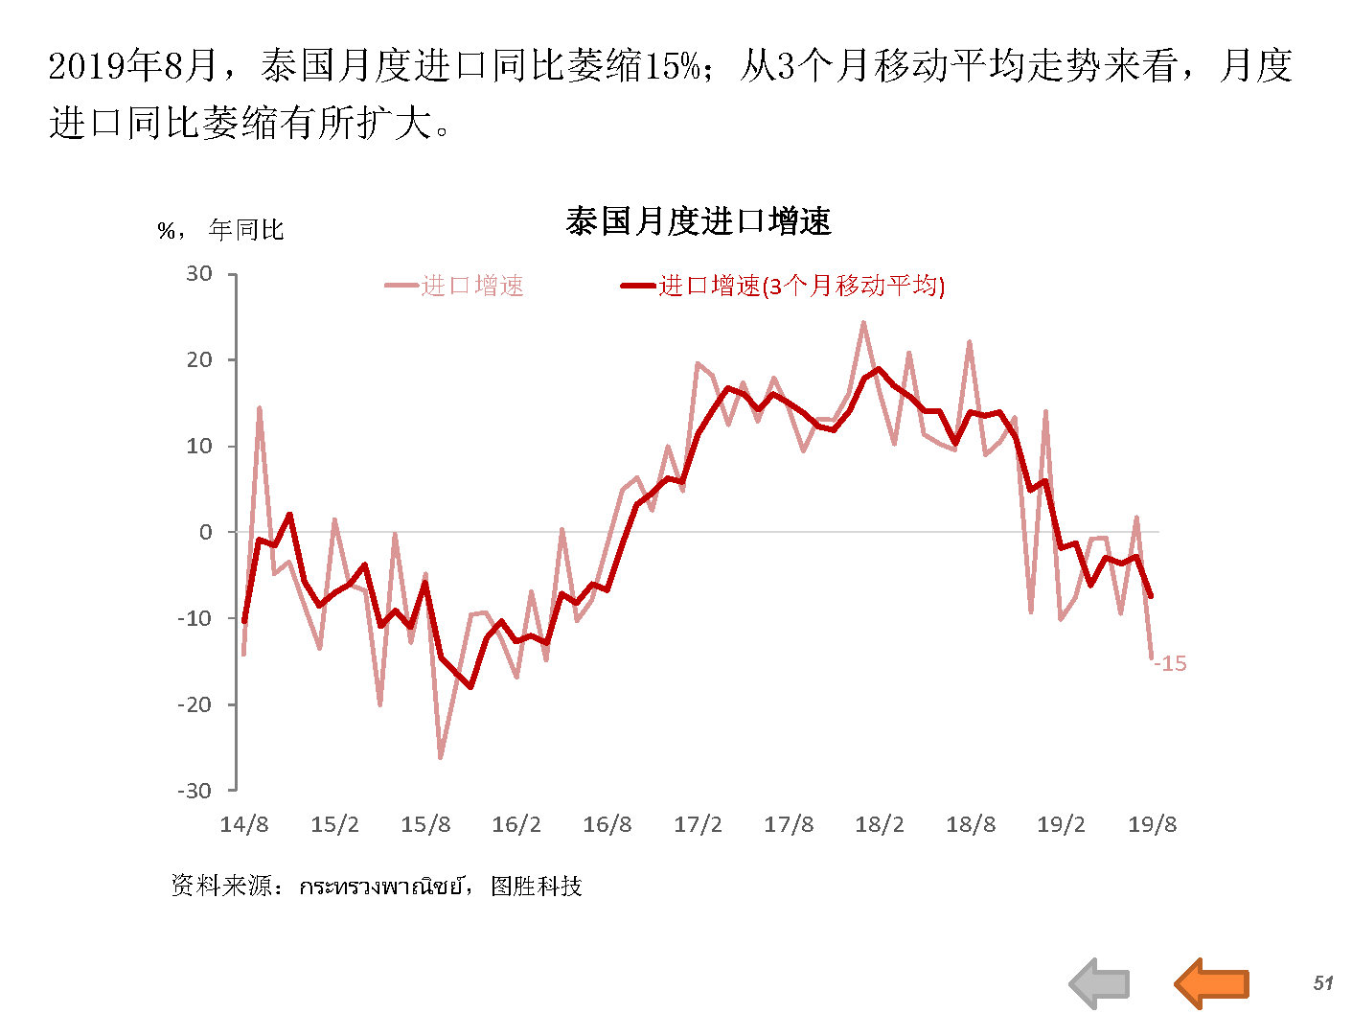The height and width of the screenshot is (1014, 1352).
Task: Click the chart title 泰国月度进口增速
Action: point(698,222)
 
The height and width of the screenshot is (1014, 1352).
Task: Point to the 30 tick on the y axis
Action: point(199,274)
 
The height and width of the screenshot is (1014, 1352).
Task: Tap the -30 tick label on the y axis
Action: point(195,791)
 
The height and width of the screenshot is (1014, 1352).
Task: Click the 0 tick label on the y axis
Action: point(205,533)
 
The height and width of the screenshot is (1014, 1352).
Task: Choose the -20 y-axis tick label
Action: point(195,704)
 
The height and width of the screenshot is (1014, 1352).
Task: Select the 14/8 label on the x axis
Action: point(244,825)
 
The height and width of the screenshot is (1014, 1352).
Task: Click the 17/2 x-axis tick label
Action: point(698,825)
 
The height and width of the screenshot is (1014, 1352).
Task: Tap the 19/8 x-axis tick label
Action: point(1152,825)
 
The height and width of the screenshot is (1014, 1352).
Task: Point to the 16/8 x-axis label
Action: point(607,825)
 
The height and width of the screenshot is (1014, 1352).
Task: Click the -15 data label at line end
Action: point(1171,663)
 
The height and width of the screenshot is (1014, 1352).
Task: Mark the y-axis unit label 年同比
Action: point(246,230)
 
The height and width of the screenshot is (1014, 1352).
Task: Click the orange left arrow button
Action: point(1212,982)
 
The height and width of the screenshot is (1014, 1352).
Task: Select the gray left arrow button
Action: point(1100,983)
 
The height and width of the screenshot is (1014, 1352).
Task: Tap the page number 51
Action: point(1323,982)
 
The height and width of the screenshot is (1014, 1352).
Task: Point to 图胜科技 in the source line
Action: point(536,887)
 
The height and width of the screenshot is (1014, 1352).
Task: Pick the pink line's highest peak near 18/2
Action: point(863,323)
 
